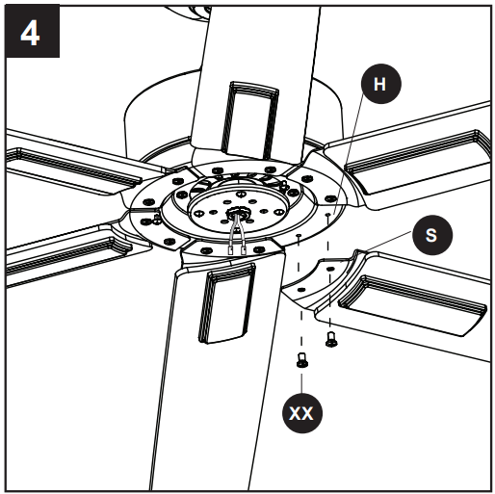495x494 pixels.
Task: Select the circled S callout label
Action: tap(430, 234)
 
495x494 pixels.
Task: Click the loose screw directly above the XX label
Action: tap(301, 362)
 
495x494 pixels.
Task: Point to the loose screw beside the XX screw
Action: tap(331, 338)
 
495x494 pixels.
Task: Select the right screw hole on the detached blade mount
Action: tap(328, 218)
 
